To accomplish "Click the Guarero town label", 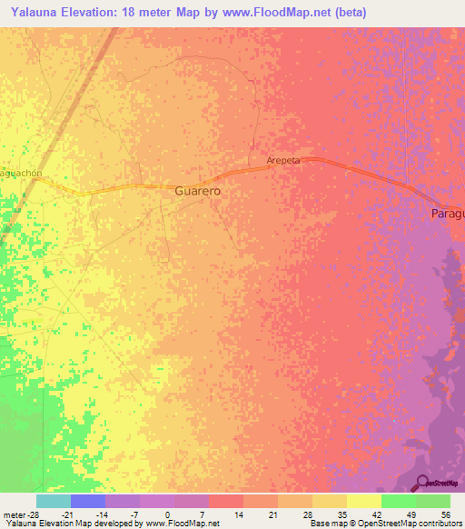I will coord(197,193).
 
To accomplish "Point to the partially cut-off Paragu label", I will coord(447,214).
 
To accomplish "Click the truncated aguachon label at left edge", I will coord(22,173).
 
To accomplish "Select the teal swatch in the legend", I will coord(54,501).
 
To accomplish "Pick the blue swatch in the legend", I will coord(88,501).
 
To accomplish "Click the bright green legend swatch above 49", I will coord(398,501).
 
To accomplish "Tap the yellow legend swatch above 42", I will coord(363,501).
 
